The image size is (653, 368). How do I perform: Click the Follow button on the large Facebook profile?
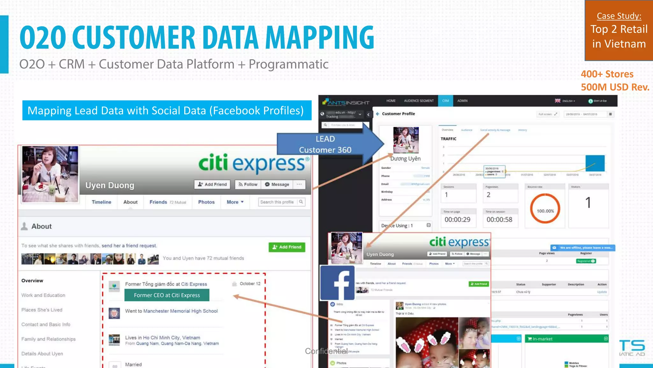click(248, 184)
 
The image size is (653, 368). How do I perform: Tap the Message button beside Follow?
click(277, 184)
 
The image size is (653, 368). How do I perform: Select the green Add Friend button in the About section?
click(287, 247)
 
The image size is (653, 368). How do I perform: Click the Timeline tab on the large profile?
click(101, 202)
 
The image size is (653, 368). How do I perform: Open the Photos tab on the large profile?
click(206, 202)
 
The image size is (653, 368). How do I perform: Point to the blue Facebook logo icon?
click(337, 283)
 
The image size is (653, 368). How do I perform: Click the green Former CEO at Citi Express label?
click(167, 295)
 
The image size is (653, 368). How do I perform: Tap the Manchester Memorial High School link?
click(180, 311)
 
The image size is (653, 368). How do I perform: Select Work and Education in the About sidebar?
click(43, 295)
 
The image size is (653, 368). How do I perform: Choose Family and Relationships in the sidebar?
click(48, 339)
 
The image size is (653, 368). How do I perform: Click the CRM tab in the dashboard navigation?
click(445, 101)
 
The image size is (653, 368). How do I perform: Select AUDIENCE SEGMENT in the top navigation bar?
click(419, 101)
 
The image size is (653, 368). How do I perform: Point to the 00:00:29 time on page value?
click(457, 219)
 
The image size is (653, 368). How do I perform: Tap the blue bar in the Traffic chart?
click(595, 163)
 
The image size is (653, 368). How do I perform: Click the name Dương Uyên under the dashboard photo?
click(405, 158)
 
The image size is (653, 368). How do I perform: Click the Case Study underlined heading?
click(619, 16)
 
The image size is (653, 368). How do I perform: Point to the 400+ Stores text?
click(607, 74)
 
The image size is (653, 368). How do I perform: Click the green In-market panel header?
click(566, 339)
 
